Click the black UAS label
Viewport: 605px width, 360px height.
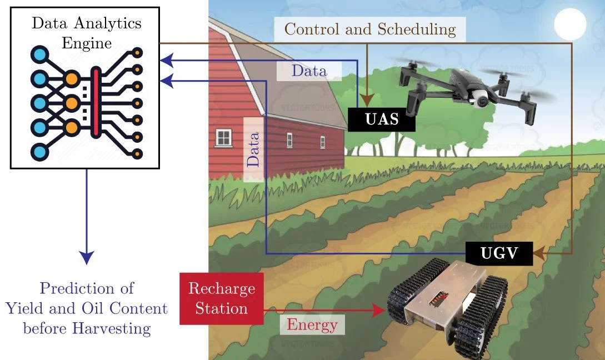382,120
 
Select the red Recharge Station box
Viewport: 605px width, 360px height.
222,298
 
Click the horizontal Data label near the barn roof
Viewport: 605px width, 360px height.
309,71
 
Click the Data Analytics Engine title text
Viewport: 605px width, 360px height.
86,32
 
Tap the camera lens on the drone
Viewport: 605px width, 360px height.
481,99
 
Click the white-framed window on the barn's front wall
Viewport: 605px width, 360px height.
223,137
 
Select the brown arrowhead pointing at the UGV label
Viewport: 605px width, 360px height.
538,254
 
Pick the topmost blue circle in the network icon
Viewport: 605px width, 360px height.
39,55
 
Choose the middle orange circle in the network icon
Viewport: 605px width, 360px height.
72,103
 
